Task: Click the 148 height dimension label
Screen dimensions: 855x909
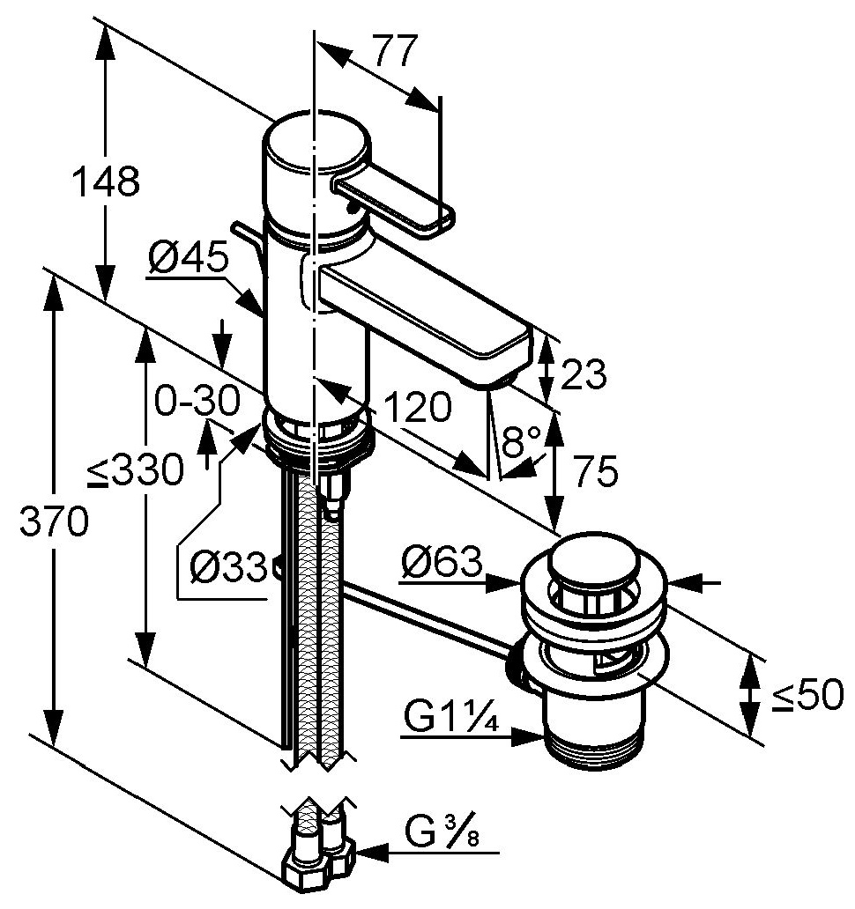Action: tap(106, 181)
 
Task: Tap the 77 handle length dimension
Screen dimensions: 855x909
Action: tap(394, 50)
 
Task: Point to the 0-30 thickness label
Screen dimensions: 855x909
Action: tap(197, 400)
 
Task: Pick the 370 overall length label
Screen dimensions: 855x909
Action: tap(54, 521)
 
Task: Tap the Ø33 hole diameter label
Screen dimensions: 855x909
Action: tap(228, 566)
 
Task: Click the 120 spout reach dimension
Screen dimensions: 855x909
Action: tap(417, 406)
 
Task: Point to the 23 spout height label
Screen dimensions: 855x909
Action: tap(584, 374)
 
